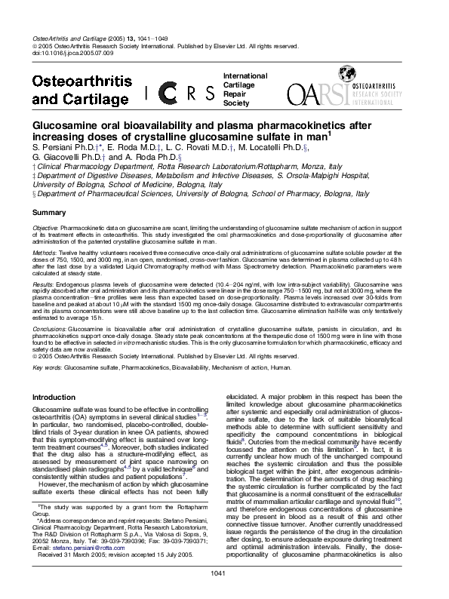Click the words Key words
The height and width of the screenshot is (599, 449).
[x=47, y=368]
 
